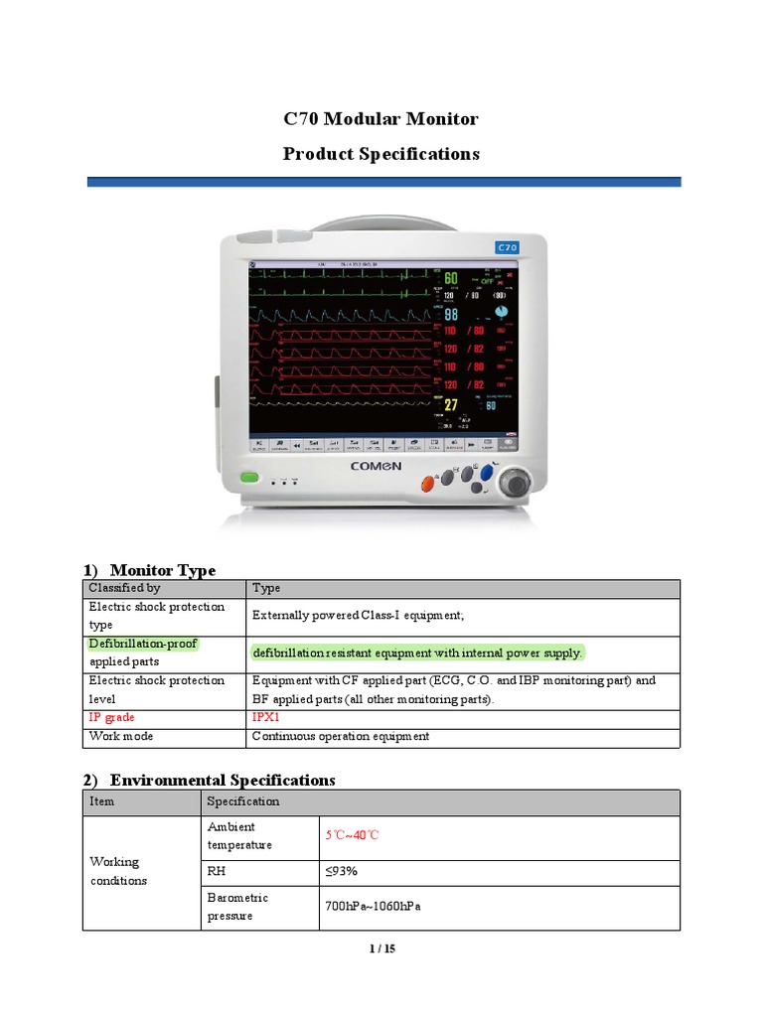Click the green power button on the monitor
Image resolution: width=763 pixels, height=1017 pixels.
click(249, 479)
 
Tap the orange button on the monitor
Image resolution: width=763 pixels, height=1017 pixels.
click(429, 484)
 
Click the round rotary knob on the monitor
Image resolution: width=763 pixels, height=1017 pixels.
click(516, 484)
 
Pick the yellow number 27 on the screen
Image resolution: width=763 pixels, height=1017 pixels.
click(451, 405)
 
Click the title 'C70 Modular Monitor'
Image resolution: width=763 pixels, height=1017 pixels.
click(381, 119)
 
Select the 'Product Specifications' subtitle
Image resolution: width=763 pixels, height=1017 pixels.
click(381, 154)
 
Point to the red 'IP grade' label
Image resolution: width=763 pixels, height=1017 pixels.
click(112, 717)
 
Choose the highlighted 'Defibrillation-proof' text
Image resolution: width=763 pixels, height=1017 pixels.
click(143, 644)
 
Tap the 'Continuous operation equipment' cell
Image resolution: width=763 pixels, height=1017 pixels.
click(341, 737)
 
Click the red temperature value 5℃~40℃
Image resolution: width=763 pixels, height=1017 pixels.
click(353, 835)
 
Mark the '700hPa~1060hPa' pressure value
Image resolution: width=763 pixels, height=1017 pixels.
click(366, 907)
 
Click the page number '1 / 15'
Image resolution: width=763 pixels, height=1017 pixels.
click(381, 949)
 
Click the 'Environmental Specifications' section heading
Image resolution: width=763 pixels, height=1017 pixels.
click(223, 780)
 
